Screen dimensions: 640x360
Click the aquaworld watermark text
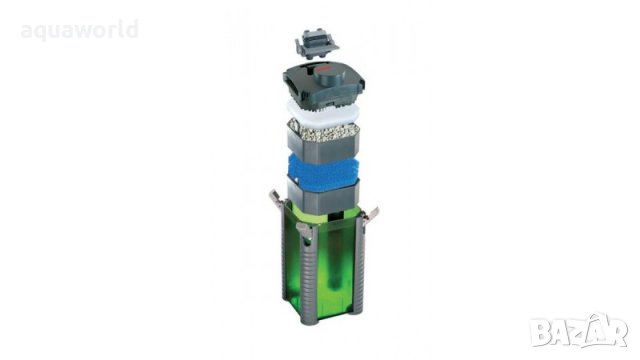pos(80,30)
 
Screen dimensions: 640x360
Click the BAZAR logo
pos(579,331)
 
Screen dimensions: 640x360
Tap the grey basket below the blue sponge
pos(323,195)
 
